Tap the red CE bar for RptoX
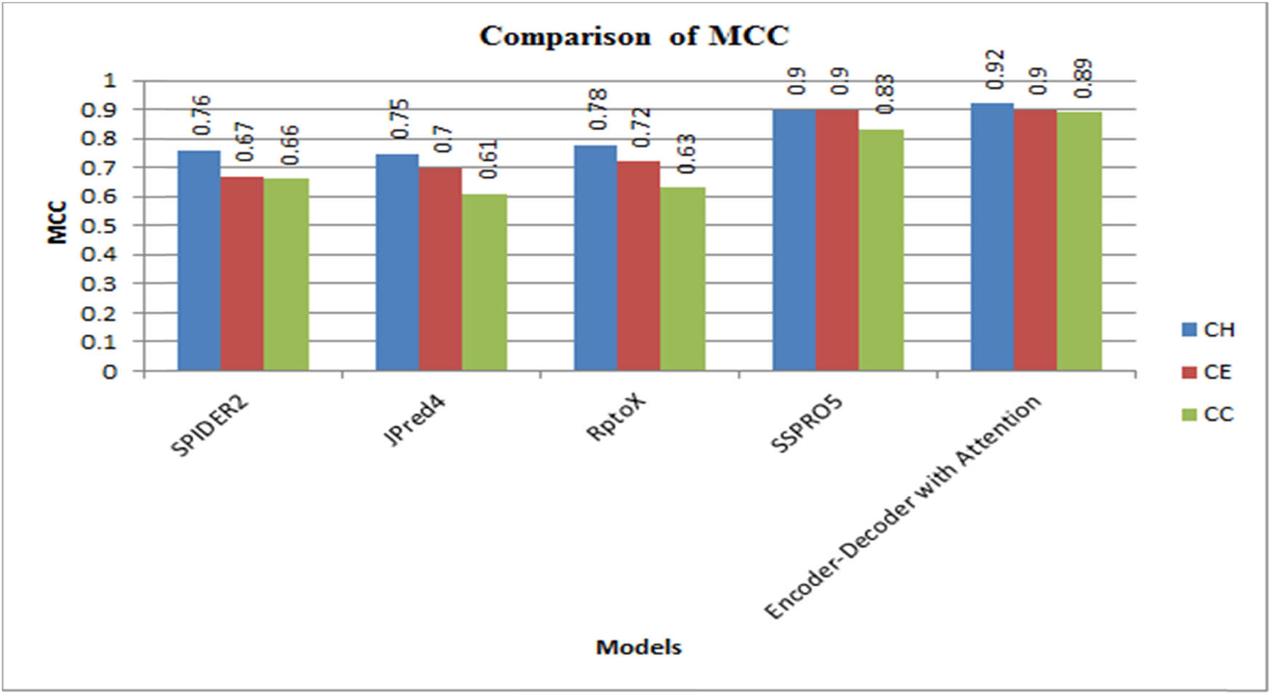638,265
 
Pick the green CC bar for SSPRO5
881,250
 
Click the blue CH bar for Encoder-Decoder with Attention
992,236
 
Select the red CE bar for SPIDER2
242,273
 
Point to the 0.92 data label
995,70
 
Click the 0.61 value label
488,159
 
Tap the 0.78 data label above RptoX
598,110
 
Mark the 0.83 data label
885,95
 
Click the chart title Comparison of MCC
634,36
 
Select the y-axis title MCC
57,222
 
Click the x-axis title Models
638,647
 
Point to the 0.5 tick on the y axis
100,225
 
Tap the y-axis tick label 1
110,81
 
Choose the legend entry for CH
1218,330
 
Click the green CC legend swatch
1189,414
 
